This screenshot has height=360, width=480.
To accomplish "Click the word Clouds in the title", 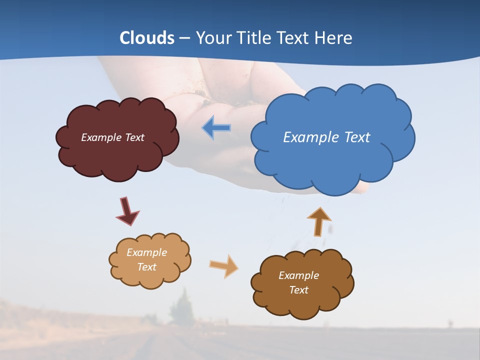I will (147, 38).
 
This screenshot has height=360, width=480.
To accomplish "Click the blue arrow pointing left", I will (216, 127).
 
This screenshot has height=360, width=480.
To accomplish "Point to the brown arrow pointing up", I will (318, 221).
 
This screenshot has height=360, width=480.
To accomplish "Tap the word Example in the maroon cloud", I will (102, 137).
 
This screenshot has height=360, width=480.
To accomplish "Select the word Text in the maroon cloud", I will (134, 137).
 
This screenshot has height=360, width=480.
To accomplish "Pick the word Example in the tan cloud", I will (147, 252).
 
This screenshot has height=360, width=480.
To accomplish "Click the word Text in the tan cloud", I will (147, 267).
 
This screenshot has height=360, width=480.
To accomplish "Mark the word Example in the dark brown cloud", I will (298, 275).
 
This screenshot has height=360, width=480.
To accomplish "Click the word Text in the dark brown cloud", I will (298, 290).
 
